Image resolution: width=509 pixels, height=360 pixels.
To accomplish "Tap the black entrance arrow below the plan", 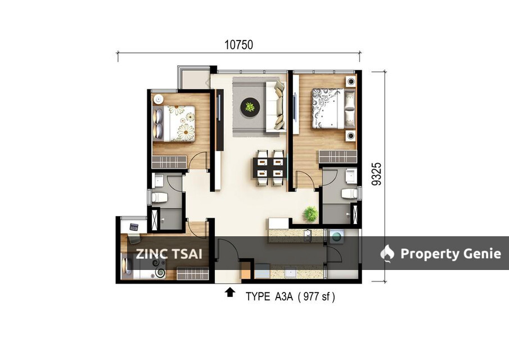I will pyautogui.click(x=229, y=292).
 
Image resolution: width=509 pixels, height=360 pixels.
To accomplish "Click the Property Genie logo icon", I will pyautogui.click(x=388, y=254).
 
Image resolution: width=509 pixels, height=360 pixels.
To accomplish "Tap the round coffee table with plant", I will pyautogui.click(x=249, y=106).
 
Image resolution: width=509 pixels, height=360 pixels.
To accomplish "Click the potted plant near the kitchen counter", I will pyautogui.click(x=310, y=214).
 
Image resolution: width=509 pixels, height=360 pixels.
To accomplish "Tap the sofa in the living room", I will pyautogui.click(x=276, y=105).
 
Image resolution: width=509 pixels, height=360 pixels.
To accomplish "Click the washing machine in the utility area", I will pyautogui.click(x=336, y=237).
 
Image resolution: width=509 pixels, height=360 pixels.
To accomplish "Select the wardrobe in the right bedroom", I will pyautogui.click(x=337, y=156).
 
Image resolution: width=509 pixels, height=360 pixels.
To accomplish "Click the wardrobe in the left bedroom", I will pyautogui.click(x=169, y=162).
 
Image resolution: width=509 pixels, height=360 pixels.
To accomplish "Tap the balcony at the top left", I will pyautogui.click(x=194, y=80).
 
